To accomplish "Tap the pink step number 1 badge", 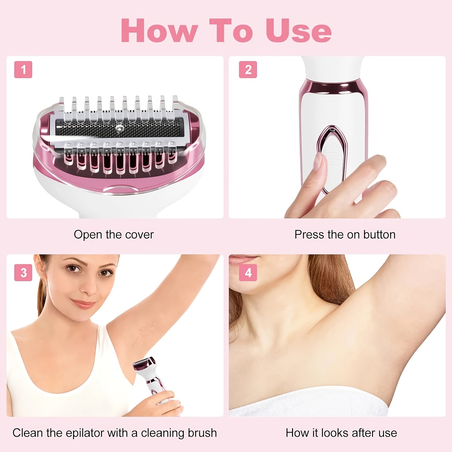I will coord(23,70).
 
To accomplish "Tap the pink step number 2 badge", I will coord(248,70).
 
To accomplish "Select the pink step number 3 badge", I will coord(23,273).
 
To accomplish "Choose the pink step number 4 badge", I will coord(248,273).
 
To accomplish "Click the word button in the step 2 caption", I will coord(379,235).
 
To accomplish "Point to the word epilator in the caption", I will coord(85,433).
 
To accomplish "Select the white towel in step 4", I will coord(309,403).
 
